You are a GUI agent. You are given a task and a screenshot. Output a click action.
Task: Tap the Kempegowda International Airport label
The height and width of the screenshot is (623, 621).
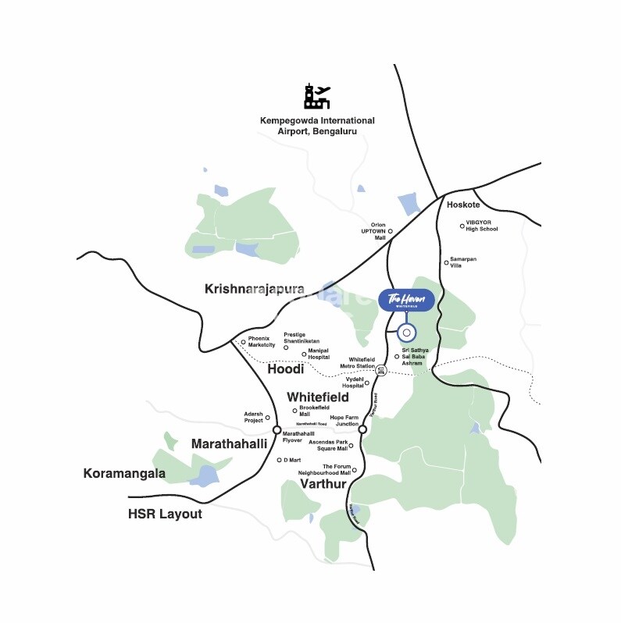pyautogui.click(x=317, y=126)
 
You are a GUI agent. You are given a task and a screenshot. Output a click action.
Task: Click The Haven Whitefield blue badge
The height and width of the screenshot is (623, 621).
pyautogui.click(x=406, y=301)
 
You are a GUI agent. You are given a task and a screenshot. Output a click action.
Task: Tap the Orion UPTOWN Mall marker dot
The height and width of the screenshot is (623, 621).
pyautogui.click(x=391, y=231)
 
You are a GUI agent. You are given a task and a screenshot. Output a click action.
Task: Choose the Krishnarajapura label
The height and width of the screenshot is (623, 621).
pyautogui.click(x=254, y=289)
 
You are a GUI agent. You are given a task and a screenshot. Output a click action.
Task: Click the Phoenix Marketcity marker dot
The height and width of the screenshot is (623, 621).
pyautogui.click(x=243, y=342)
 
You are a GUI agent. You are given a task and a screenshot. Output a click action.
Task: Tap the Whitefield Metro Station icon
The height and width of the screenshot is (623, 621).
pyautogui.click(x=381, y=370)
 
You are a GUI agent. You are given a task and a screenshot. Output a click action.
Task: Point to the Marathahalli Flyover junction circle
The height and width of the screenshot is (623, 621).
pyautogui.click(x=277, y=429)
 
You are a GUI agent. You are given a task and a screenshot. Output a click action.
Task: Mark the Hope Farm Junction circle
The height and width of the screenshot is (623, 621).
pyautogui.click(x=362, y=429)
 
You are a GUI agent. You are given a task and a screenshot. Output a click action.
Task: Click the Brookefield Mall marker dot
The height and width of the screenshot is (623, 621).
pyautogui.click(x=294, y=411)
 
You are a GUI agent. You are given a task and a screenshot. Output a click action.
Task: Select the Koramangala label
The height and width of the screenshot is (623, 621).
pyautogui.click(x=124, y=473)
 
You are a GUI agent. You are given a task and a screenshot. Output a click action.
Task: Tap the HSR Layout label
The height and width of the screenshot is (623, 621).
pyautogui.click(x=165, y=514)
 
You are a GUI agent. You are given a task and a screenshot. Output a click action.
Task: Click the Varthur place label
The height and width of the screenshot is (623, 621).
pyautogui.click(x=323, y=486)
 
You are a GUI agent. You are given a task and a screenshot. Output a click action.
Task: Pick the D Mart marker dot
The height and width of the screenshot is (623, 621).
pyautogui.click(x=279, y=460)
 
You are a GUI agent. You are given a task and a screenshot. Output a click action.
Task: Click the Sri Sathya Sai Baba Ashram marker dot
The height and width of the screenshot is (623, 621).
pyautogui.click(x=396, y=357)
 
